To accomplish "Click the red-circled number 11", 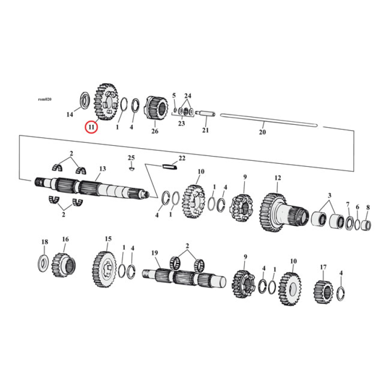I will [x=91, y=127].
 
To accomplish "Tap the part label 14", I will [x=70, y=115].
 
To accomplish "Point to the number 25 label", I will [x=131, y=157].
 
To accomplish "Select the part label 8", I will [x=368, y=207].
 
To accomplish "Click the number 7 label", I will [x=348, y=204].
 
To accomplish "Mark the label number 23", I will [x=181, y=124].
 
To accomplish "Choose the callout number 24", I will [x=188, y=95].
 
